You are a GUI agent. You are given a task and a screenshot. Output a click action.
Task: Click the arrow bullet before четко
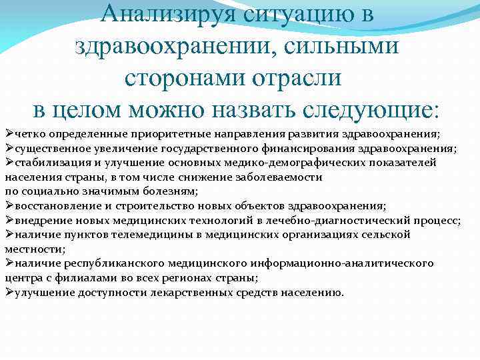point(9,133)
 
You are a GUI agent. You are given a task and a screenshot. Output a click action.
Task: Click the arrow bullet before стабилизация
point(9,162)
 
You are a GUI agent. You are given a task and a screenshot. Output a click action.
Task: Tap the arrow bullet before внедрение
point(9,220)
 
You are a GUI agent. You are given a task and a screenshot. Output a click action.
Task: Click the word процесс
point(437,221)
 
